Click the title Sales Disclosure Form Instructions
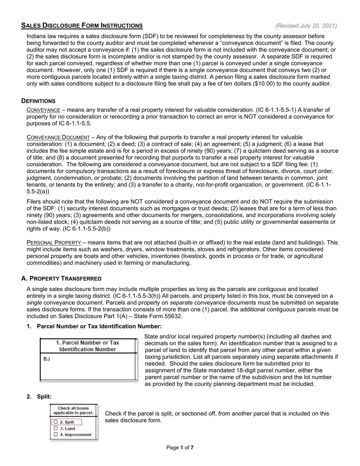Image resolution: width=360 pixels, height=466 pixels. [x=82, y=26]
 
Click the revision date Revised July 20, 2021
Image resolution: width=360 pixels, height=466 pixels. [x=306, y=26]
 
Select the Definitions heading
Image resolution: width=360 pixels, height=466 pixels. [x=38, y=101]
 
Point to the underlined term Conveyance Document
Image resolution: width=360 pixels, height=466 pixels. [x=58, y=137]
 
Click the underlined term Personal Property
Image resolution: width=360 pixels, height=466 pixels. [x=54, y=242]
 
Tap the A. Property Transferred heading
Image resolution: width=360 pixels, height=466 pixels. [x=61, y=278]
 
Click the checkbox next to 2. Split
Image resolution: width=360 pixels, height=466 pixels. [x=56, y=422]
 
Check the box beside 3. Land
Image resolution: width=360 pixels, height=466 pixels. [x=56, y=428]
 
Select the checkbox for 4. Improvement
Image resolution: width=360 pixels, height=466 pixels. [x=56, y=435]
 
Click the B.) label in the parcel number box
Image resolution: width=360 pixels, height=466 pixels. [x=47, y=359]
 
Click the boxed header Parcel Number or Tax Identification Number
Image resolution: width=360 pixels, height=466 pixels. [x=88, y=346]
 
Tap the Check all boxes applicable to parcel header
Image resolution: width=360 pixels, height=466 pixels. [x=73, y=410]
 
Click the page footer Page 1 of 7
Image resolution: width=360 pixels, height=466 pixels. [x=180, y=448]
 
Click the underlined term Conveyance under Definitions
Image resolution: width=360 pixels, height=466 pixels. [x=43, y=110]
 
